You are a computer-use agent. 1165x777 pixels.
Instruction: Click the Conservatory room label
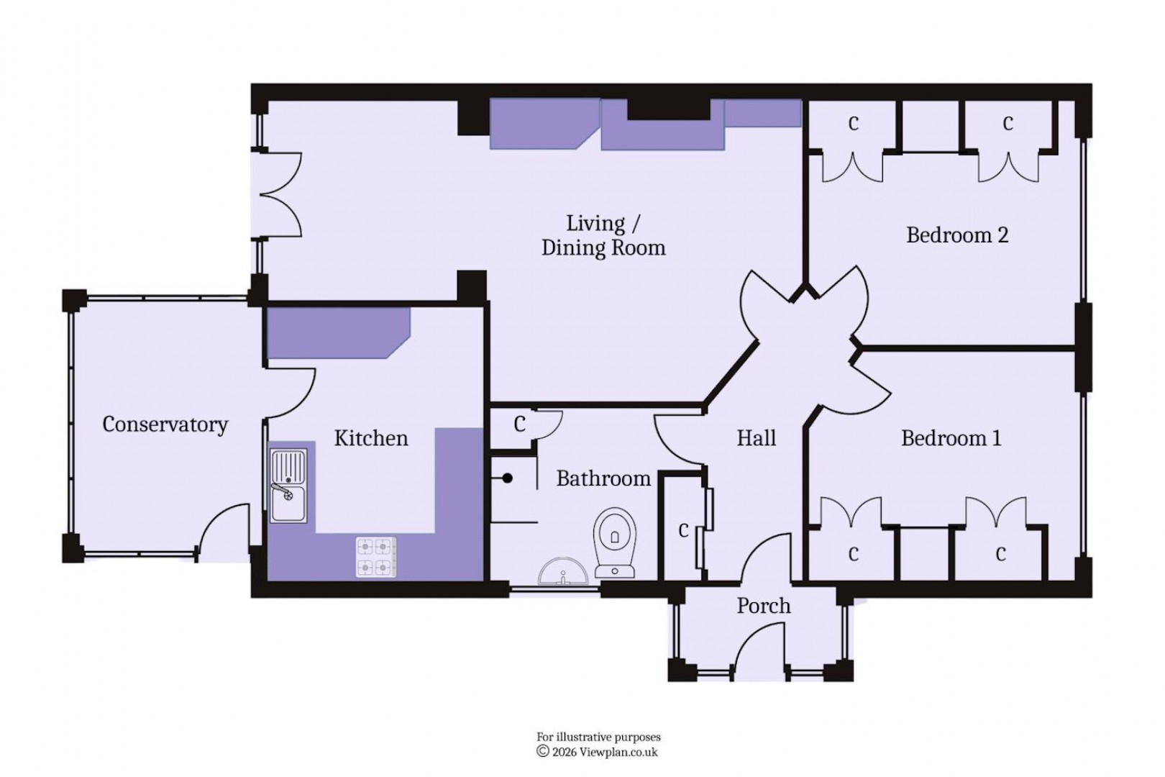(x=165, y=424)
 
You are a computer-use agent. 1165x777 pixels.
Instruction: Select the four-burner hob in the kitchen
(x=376, y=557)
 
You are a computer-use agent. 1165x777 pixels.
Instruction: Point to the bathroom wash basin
(x=562, y=573)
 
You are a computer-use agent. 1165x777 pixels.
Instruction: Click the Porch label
(x=763, y=606)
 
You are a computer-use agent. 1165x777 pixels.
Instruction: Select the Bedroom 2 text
(x=956, y=235)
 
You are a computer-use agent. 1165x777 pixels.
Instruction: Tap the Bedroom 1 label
(x=951, y=438)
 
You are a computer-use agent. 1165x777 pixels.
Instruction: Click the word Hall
(x=756, y=438)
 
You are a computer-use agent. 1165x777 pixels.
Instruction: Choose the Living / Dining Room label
(x=603, y=236)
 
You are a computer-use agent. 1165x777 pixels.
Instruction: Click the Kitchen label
(x=370, y=438)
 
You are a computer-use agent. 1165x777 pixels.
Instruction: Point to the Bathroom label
(x=603, y=478)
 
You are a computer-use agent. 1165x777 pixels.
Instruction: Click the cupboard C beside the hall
(x=683, y=531)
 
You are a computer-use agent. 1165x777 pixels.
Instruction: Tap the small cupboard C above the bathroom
(x=519, y=424)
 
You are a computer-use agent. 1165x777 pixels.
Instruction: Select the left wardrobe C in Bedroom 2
(x=853, y=124)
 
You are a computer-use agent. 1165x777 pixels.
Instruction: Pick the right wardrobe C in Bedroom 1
(x=1000, y=554)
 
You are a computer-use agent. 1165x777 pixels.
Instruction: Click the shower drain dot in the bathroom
(x=508, y=478)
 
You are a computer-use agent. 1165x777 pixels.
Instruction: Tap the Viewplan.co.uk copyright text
(x=598, y=752)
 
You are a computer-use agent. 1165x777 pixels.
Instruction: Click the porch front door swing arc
(x=755, y=640)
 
